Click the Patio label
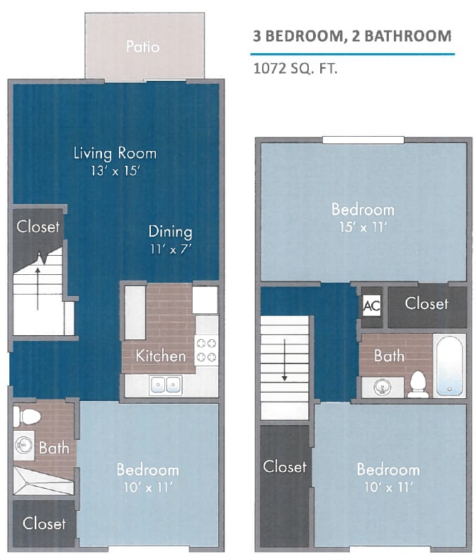point(142,47)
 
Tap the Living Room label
point(115,153)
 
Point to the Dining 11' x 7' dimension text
point(170,249)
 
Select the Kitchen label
point(161,356)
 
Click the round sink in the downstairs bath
point(23,446)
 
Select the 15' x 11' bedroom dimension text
point(363,227)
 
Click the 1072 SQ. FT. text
point(295,69)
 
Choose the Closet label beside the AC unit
point(426,303)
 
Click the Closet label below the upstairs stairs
point(285,466)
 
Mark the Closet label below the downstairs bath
point(44,523)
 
